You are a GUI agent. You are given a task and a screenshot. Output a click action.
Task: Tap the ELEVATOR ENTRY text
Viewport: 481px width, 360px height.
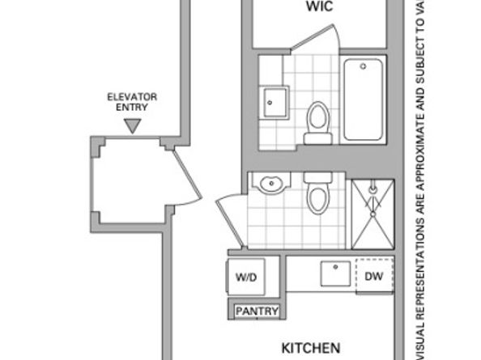[x=132, y=101]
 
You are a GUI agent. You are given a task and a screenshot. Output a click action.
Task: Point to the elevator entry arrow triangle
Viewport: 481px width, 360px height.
[x=132, y=125]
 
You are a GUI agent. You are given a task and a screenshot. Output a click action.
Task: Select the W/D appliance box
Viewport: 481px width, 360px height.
[x=246, y=277]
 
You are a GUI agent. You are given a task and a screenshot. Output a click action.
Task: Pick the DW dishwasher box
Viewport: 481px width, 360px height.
[x=373, y=277]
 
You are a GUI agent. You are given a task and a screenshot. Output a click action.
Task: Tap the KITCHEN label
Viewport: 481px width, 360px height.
[x=310, y=348]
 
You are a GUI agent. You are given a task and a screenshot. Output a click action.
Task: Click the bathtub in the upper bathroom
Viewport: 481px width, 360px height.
[x=363, y=100]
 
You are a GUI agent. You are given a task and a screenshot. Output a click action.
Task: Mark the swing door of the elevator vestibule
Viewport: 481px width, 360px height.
[x=188, y=176]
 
